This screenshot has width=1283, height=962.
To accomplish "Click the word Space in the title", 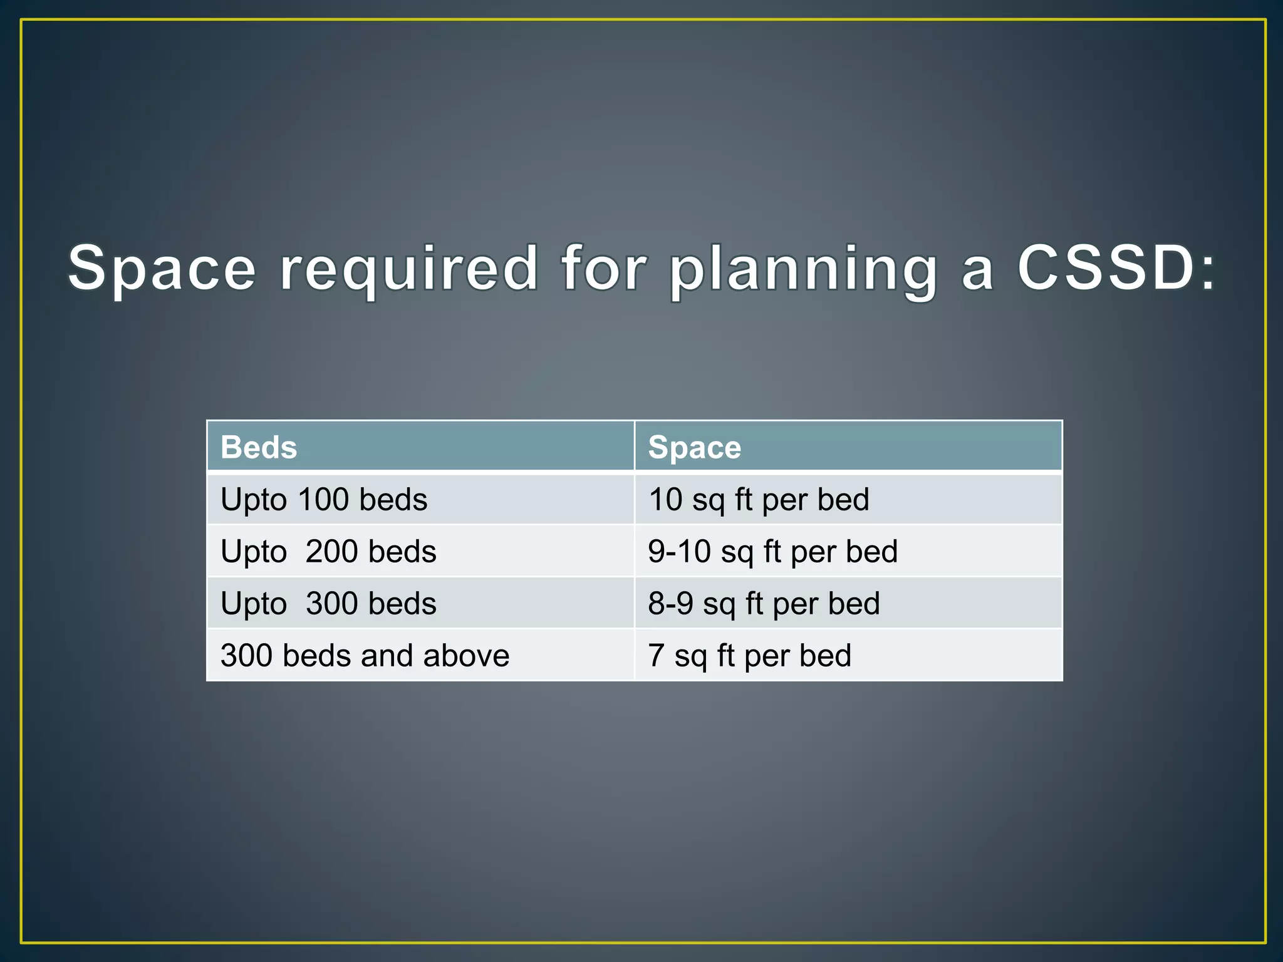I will click(162, 269).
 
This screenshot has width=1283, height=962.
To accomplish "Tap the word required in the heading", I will click(408, 269).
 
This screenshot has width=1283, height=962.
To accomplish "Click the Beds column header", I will click(259, 447).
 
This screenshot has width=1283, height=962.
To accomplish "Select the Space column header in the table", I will click(694, 447).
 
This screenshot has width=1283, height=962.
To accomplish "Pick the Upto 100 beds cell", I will click(324, 500).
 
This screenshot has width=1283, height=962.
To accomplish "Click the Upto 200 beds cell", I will click(328, 552).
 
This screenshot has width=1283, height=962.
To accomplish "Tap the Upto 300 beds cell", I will click(328, 604).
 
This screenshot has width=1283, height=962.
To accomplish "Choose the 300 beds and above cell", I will click(365, 656).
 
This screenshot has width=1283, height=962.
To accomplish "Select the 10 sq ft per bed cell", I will click(758, 500).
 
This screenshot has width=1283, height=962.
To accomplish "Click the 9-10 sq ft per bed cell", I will click(772, 552).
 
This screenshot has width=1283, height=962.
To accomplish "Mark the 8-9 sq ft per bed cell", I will click(764, 604).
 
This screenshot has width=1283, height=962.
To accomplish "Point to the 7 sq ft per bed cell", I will click(749, 656).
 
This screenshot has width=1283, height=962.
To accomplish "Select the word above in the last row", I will click(466, 656).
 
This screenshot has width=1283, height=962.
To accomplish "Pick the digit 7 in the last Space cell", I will click(656, 656).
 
